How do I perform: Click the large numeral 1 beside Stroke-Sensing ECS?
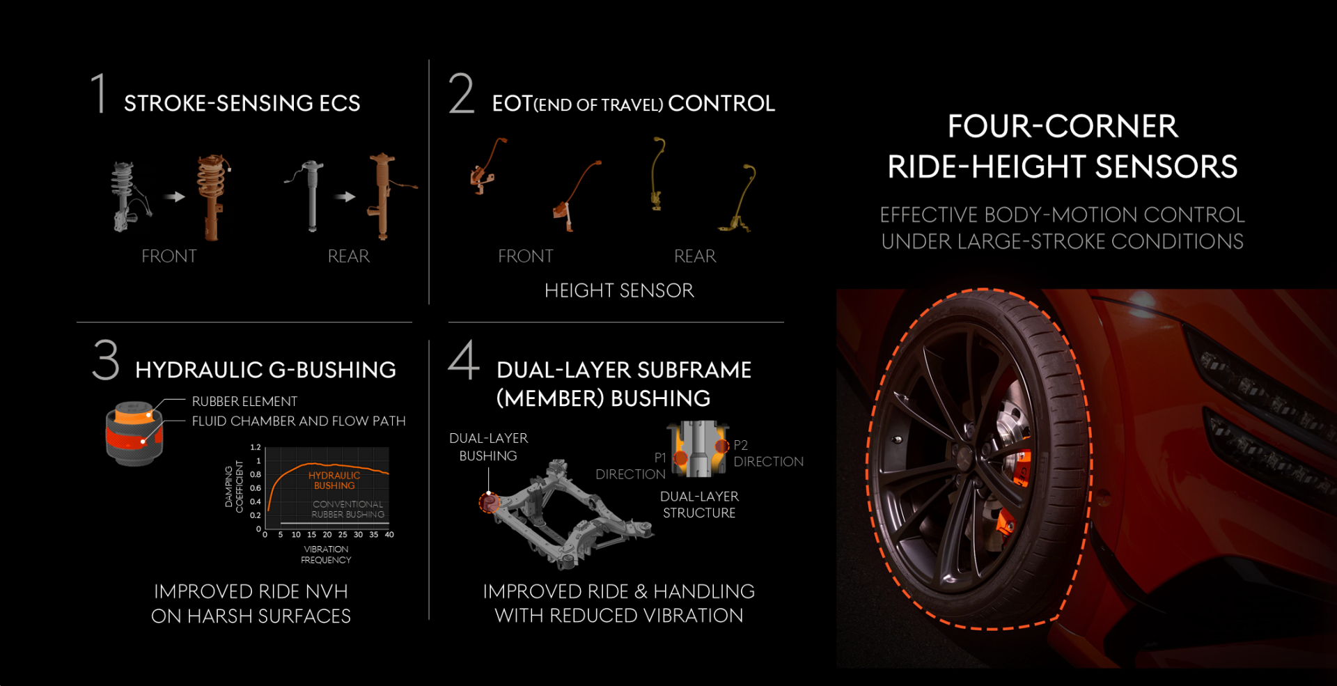[x=100, y=93]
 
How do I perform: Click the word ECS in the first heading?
[x=339, y=103]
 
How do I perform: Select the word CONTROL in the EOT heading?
[x=721, y=103]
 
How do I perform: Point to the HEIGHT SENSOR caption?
[x=619, y=290]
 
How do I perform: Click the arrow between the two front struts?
[x=174, y=197]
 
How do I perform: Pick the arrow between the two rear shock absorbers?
[x=345, y=197]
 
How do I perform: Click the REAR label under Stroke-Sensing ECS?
[x=348, y=256]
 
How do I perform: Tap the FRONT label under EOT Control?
[x=525, y=256]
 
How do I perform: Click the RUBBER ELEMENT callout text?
[x=244, y=401]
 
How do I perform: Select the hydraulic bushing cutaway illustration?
[x=134, y=432]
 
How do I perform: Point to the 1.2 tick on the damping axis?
[x=256, y=447]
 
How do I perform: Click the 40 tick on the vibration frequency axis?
[x=389, y=535]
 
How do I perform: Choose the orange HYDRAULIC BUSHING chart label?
[x=334, y=481]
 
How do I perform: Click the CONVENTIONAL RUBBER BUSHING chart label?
[x=347, y=509]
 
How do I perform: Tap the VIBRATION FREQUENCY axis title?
[x=326, y=554]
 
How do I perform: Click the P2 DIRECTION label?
[x=768, y=453]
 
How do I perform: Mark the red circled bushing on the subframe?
[x=489, y=502]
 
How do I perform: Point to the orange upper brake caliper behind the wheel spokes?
[x=1021, y=467]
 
